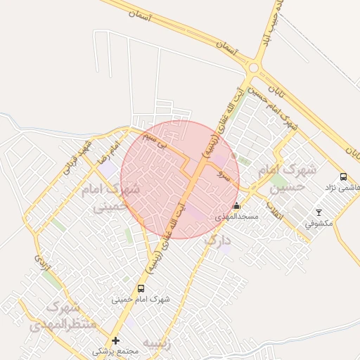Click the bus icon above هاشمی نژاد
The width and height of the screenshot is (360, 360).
click(343, 177)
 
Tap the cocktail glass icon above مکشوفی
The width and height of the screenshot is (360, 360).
click(319, 212)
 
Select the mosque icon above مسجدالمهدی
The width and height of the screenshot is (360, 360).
click(236, 206)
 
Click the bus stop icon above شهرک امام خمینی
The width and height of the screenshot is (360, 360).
click(141, 288)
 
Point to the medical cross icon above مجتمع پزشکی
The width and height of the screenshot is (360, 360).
click(115, 340)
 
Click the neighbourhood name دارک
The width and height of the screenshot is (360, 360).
click(217, 241)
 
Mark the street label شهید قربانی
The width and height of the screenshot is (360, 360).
click(77, 157)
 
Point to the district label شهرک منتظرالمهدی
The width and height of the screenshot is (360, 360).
click(57, 316)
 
